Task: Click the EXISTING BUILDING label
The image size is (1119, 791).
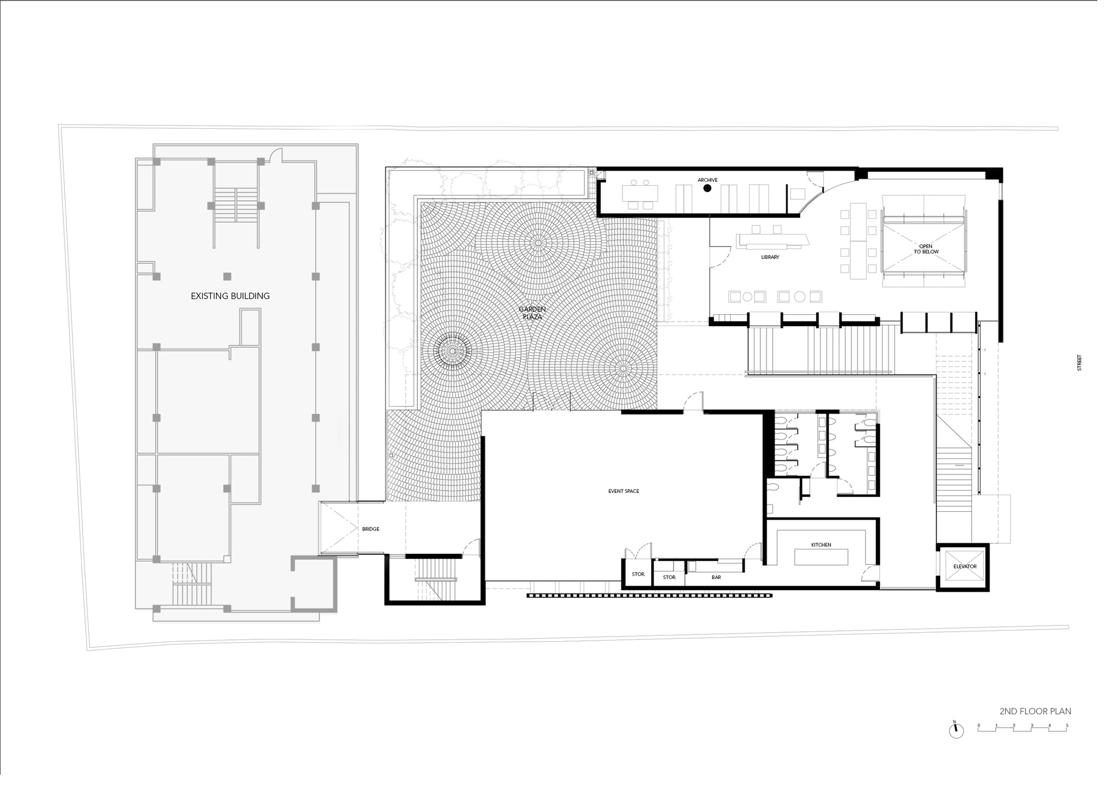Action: click(x=230, y=296)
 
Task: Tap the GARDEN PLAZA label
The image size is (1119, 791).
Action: click(x=532, y=313)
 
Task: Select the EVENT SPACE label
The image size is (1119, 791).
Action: click(x=623, y=491)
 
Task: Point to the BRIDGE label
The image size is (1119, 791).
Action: click(x=370, y=529)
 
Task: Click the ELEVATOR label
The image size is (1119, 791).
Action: click(x=965, y=567)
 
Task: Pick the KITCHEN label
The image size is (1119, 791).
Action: click(x=821, y=545)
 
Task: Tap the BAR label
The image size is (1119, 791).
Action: click(x=716, y=577)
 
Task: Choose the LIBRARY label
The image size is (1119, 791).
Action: click(x=770, y=257)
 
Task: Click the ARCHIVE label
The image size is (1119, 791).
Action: click(x=707, y=180)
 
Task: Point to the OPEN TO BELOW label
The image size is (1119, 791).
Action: click(x=926, y=249)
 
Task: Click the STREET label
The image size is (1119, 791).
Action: click(x=1079, y=362)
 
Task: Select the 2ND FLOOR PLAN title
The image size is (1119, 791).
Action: click(x=1035, y=712)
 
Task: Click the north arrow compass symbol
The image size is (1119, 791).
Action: click(x=956, y=731)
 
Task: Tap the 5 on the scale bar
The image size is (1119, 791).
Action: click(x=1067, y=726)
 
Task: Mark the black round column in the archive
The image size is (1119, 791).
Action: click(x=707, y=189)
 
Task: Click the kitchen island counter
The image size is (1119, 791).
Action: click(x=821, y=557)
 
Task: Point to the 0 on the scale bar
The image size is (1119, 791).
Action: click(x=979, y=726)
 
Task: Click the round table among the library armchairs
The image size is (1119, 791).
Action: click(x=800, y=296)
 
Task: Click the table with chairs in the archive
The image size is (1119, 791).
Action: click(x=640, y=194)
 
